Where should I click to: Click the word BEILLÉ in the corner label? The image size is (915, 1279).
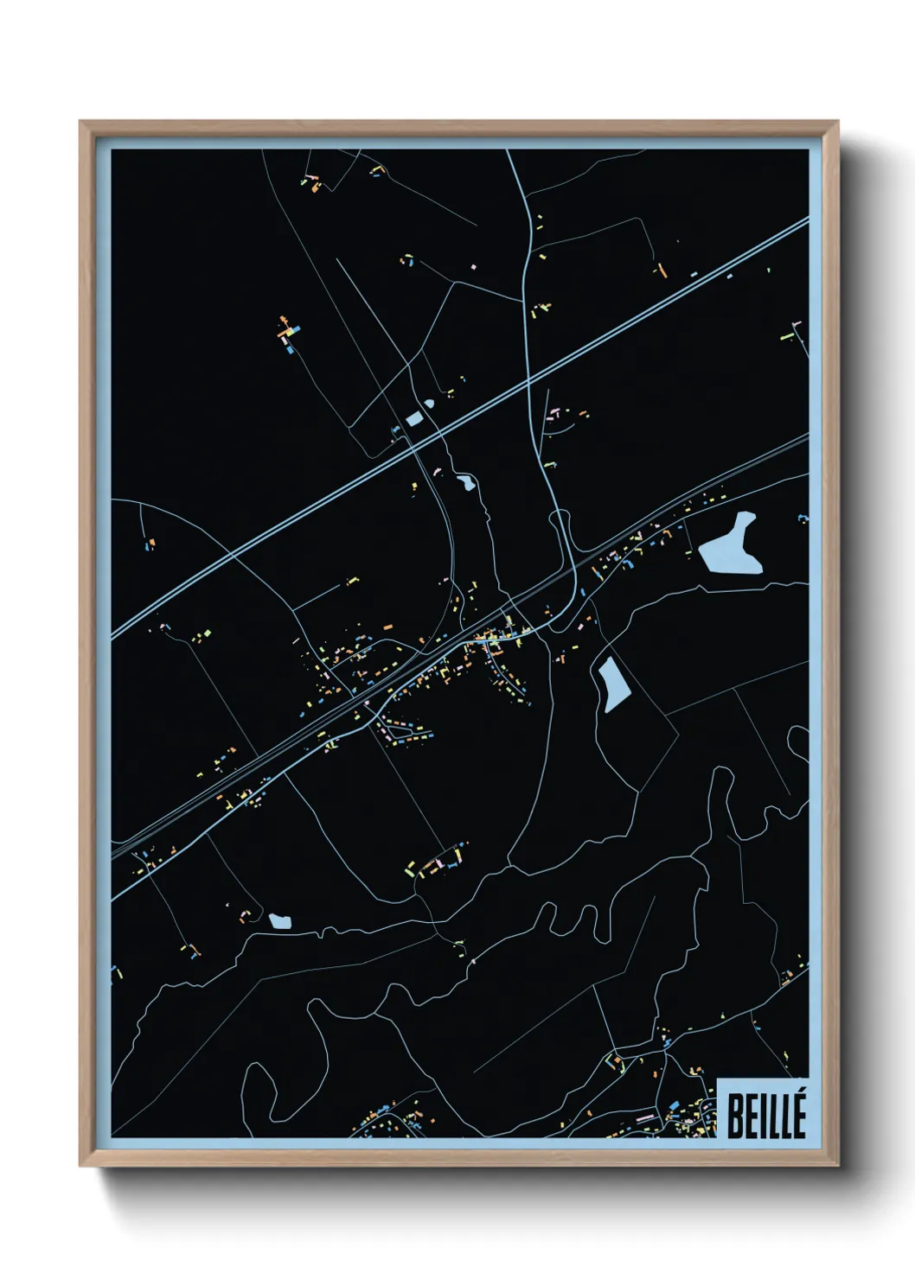coord(766,1115)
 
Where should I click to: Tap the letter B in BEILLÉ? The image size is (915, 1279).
coord(735,1117)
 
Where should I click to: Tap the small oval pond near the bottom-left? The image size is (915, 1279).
coord(279,921)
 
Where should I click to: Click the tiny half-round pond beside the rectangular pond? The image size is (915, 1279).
coord(429,404)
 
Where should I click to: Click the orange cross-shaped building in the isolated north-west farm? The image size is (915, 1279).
coord(285,329)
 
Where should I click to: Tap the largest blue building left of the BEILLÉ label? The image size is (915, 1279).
coord(674,1105)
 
